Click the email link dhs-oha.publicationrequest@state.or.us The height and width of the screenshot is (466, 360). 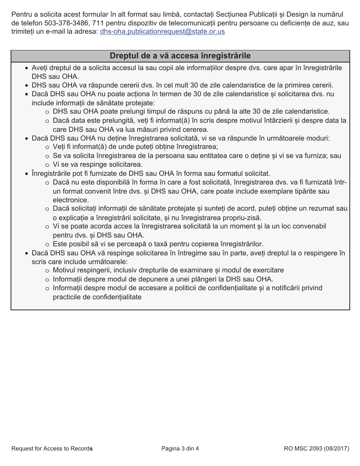pos(162,31)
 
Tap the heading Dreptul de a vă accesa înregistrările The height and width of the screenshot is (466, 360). pos(180,56)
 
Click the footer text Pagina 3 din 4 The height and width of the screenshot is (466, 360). pos(180,449)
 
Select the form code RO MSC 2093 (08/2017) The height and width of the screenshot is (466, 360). pos(316,449)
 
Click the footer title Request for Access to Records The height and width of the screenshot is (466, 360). pos(52,449)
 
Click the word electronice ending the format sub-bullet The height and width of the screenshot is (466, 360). pos(71,200)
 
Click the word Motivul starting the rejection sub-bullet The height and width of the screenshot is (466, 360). pos(65,270)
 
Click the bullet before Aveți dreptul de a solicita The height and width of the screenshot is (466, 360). pos(26,68)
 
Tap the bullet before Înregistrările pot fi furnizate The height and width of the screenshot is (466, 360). pos(26,174)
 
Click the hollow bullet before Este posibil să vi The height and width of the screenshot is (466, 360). pos(47,244)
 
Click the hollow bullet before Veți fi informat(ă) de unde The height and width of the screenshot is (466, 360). pos(47,147)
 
